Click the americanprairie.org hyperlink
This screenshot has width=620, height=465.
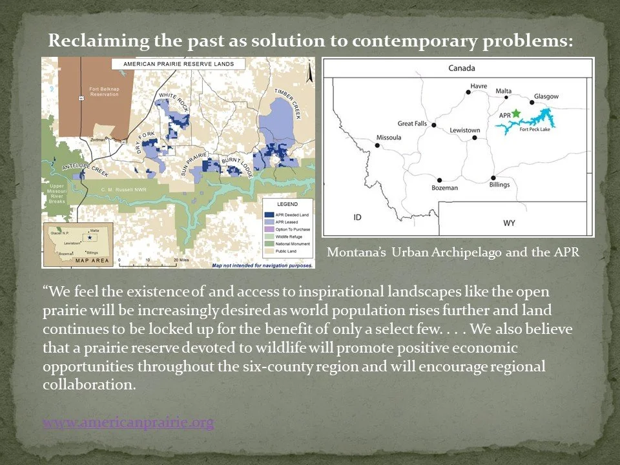tap(128, 422)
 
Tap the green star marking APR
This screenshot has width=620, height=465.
tap(515, 113)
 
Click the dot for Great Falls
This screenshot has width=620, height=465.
tap(434, 125)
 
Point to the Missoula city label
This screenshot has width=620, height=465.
tap(388, 137)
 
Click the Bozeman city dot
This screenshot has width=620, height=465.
tap(440, 180)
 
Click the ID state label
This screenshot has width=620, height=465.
tap(357, 217)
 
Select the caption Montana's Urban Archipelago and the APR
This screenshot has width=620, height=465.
tap(453, 253)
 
